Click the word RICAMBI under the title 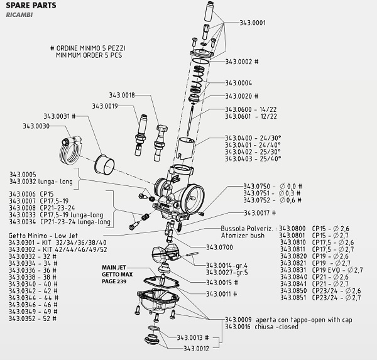(19, 15)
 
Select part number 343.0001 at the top (253, 23)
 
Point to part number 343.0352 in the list (24, 319)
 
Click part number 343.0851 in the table (293, 298)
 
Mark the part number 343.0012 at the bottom (197, 348)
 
